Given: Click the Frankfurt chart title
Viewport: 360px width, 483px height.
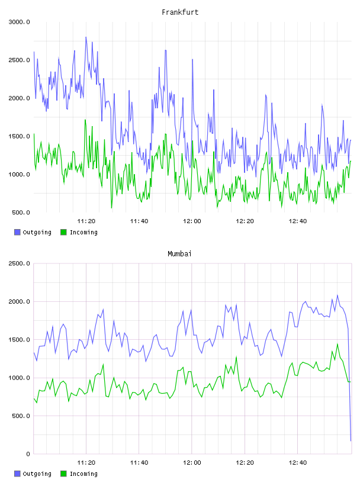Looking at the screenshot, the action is (180, 12).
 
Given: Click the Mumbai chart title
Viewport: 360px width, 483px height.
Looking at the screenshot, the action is (179, 254).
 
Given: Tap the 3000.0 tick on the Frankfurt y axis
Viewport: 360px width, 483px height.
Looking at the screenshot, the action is (20, 22).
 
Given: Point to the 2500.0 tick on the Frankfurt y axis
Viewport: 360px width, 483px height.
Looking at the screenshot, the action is (20, 60).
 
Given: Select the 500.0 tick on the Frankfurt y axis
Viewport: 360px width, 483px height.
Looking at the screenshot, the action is (21, 212).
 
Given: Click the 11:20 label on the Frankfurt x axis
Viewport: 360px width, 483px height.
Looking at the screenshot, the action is (86, 221).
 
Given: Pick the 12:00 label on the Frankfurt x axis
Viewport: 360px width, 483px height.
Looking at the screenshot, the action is (192, 221).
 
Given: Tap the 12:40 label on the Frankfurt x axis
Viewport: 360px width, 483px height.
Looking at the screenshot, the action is (298, 221).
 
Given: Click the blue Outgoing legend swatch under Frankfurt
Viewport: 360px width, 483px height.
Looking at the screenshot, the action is (17, 232).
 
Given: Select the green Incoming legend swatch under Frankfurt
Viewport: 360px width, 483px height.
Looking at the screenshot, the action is (63, 232).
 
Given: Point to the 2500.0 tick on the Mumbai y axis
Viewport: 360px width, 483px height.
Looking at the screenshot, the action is (20, 263).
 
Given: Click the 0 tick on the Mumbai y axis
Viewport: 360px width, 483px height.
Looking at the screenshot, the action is (28, 454).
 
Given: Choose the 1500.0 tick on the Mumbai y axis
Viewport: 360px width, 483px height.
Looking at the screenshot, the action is (20, 340).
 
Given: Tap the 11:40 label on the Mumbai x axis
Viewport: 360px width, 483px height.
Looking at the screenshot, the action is (139, 463).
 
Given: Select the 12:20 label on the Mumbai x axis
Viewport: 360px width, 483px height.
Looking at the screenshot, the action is (245, 463).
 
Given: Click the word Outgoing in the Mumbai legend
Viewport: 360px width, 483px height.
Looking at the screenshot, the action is (37, 474).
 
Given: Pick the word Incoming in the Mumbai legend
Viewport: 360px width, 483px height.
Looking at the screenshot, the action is (83, 474).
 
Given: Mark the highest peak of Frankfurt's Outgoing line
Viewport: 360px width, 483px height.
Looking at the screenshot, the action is (86, 37).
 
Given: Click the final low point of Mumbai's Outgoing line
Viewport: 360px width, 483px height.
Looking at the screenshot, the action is (351, 441).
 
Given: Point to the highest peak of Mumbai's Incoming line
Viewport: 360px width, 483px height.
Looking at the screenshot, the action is (337, 344).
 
